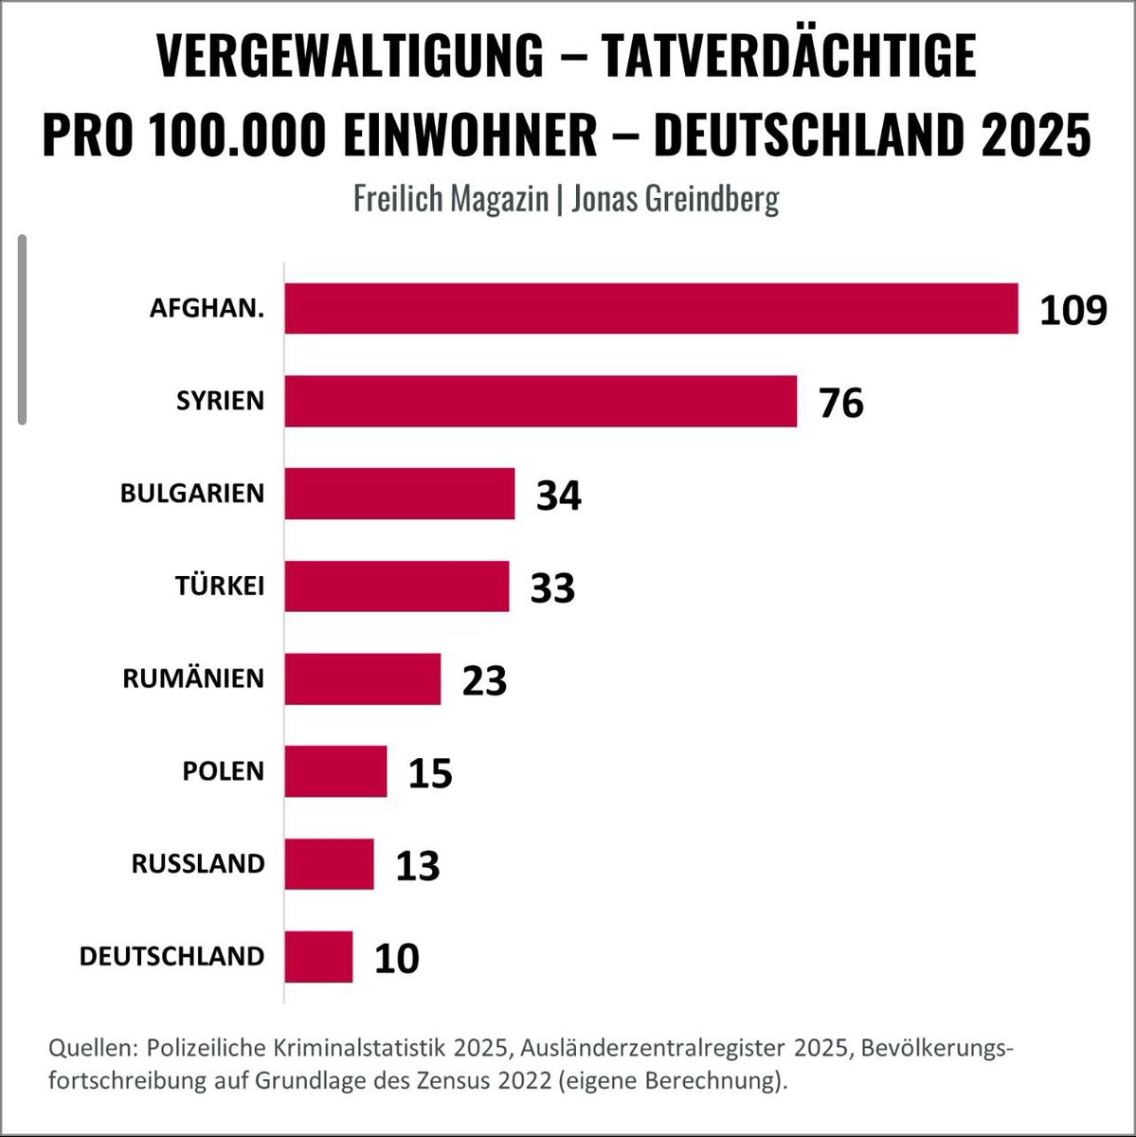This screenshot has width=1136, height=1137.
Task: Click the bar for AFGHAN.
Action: [651, 309]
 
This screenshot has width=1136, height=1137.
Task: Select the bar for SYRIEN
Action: [540, 401]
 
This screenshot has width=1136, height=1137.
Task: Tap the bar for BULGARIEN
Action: [399, 494]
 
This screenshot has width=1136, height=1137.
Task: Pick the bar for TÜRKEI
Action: [396, 586]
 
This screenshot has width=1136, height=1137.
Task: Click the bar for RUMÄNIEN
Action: [362, 678]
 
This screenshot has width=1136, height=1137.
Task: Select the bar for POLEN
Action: [335, 771]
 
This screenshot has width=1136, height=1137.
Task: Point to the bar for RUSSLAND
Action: [329, 864]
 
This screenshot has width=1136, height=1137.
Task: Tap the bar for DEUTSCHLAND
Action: [318, 956]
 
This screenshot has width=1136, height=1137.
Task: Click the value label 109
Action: [1073, 310]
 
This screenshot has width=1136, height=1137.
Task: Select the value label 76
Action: [841, 403]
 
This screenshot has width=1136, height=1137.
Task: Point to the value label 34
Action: [558, 495]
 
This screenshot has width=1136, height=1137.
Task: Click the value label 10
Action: [396, 958]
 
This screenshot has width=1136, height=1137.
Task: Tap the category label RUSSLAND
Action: [198, 864]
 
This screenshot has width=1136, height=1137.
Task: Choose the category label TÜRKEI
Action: [219, 586]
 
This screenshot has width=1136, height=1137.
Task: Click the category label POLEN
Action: [223, 771]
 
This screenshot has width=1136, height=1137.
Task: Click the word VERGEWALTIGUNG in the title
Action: [350, 57]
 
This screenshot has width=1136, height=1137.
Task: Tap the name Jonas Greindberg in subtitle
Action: [675, 198]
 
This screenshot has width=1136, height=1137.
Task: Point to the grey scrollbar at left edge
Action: [22, 329]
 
